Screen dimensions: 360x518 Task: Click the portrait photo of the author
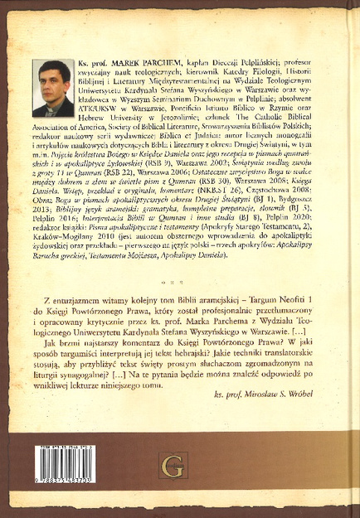click(x=53, y=88)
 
